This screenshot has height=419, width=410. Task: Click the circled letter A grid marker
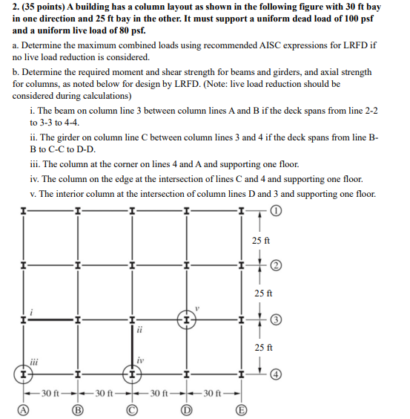24,408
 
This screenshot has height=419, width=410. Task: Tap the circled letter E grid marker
239,408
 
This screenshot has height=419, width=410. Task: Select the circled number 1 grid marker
277,210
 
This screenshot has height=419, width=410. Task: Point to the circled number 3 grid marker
277,319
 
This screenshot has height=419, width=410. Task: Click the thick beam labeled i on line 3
51,319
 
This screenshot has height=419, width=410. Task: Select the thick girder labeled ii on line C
132,346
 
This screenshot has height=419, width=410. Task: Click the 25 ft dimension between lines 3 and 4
262,347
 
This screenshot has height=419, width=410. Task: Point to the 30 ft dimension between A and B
51,392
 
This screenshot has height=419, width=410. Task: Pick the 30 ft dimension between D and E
213,392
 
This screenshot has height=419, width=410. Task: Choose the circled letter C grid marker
132,408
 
